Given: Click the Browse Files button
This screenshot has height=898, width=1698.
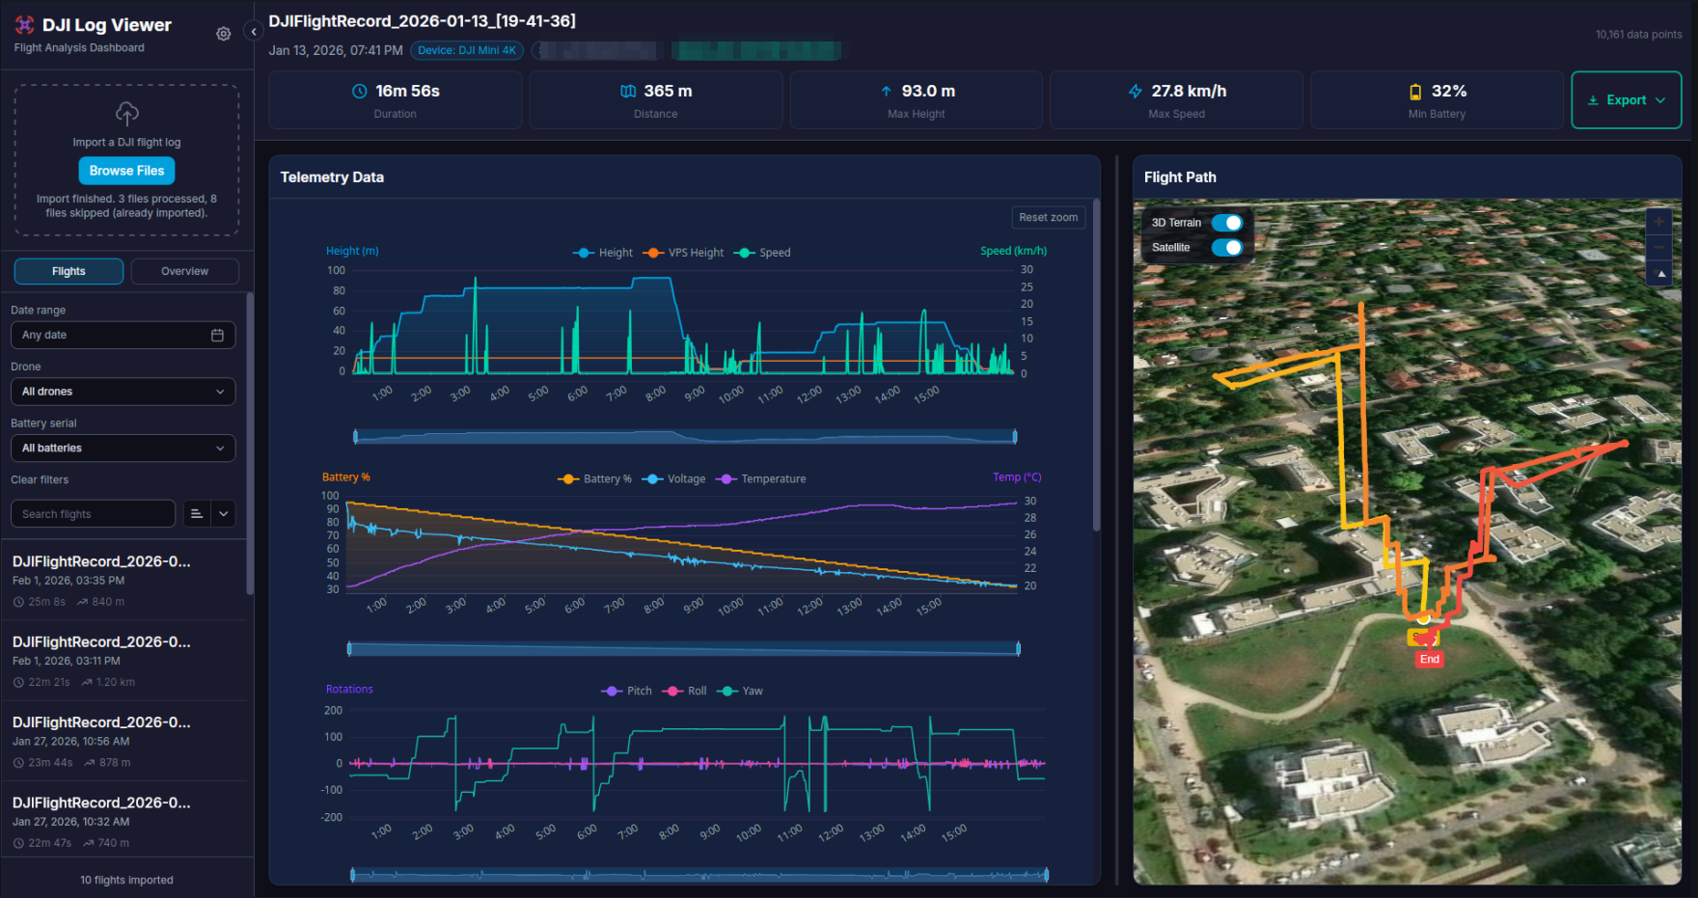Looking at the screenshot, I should click(x=126, y=171).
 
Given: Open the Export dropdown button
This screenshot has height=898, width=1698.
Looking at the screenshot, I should click(x=1626, y=100).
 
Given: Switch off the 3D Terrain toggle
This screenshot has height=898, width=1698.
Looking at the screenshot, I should click(x=1226, y=223).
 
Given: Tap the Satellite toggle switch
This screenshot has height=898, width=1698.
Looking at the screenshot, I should click(x=1226, y=248).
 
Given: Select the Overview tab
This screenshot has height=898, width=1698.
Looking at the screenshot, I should click(x=184, y=271).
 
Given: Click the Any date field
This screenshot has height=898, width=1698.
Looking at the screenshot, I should click(x=123, y=335).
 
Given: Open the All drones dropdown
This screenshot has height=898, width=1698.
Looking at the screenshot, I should click(x=123, y=392).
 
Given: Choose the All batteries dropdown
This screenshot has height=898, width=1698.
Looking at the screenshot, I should click(x=123, y=449).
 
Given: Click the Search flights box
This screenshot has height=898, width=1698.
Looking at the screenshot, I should click(x=94, y=514).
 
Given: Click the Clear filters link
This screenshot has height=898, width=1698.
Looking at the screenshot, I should click(x=40, y=480).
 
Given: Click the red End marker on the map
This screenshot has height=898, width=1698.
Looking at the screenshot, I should click(x=1429, y=660).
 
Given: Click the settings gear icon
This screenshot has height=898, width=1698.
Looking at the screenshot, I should click(x=224, y=34).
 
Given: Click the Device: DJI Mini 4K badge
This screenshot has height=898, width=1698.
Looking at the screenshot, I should click(x=467, y=50).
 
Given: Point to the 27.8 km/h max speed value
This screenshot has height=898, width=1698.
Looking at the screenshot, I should click(x=1189, y=92).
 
